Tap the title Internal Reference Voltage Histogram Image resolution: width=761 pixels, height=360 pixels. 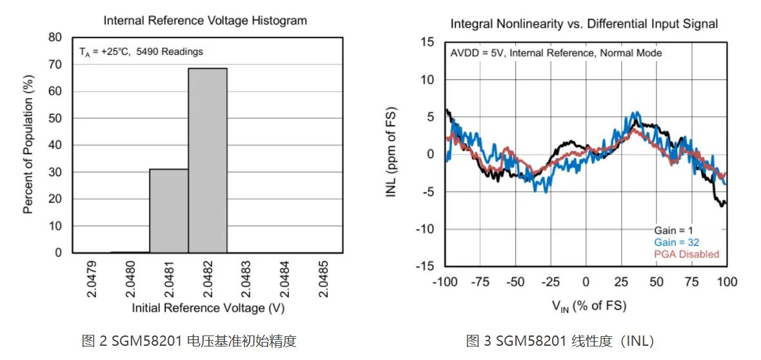(x=205, y=21)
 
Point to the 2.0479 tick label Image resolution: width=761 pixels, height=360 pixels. (x=92, y=279)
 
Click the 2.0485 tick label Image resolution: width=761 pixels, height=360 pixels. (x=324, y=279)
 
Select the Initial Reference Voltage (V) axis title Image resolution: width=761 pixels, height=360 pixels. (x=208, y=308)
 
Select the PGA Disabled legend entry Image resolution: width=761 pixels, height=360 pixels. (x=686, y=254)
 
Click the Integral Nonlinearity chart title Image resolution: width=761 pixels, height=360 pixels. (x=584, y=24)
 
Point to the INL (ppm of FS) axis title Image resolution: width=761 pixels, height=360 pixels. (x=391, y=153)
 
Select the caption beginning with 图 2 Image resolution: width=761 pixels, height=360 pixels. (x=190, y=341)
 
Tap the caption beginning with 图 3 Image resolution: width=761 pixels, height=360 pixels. (x=560, y=341)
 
